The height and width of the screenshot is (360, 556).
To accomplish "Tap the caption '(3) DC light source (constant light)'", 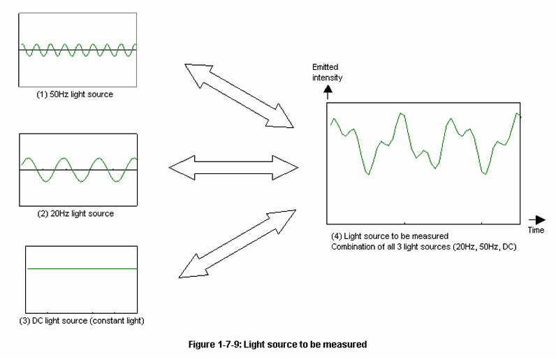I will coord(85,321).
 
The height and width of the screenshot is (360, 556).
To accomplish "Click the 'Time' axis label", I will coord(536,230).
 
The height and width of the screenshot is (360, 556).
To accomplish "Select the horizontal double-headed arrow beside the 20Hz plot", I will coord(233,167).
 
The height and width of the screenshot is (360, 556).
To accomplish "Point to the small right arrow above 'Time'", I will coord(536,219).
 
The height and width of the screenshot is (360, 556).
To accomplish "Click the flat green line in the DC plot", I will coord(81,268).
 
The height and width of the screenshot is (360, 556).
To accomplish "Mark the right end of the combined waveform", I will coord(520,115).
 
